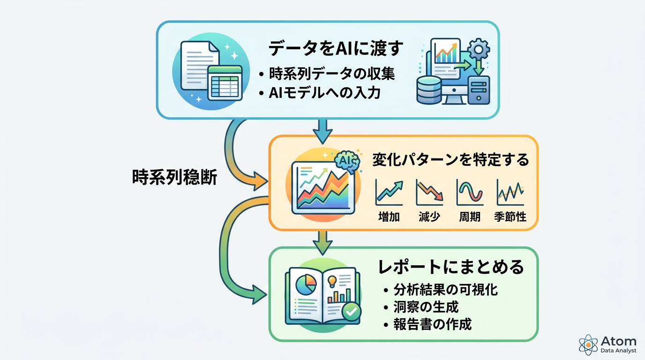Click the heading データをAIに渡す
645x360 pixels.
point(336,49)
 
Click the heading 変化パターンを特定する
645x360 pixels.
point(450,160)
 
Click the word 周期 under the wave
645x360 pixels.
point(470,217)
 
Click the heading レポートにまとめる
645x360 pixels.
point(450,267)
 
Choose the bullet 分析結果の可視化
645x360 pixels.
point(445,290)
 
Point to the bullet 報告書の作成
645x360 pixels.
point(432,324)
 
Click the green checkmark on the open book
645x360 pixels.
point(351,310)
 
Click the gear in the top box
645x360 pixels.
point(478,48)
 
